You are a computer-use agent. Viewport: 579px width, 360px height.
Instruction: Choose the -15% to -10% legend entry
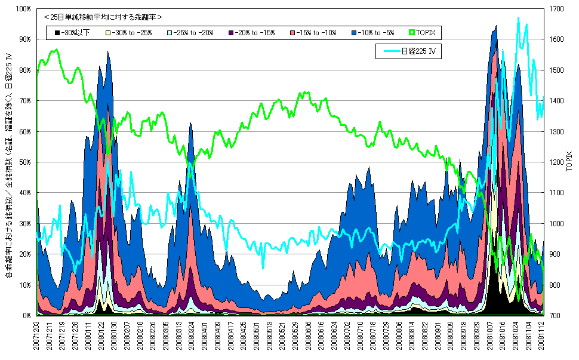pyautogui.click(x=314, y=32)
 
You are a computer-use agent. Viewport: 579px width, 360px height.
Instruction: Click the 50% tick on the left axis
pyautogui.click(x=24, y=162)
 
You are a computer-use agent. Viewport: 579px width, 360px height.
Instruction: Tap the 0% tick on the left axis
pyautogui.click(x=26, y=315)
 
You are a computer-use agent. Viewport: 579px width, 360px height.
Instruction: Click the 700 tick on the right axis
pyautogui.click(x=553, y=315)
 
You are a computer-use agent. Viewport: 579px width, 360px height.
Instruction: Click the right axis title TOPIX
pyautogui.click(x=569, y=162)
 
